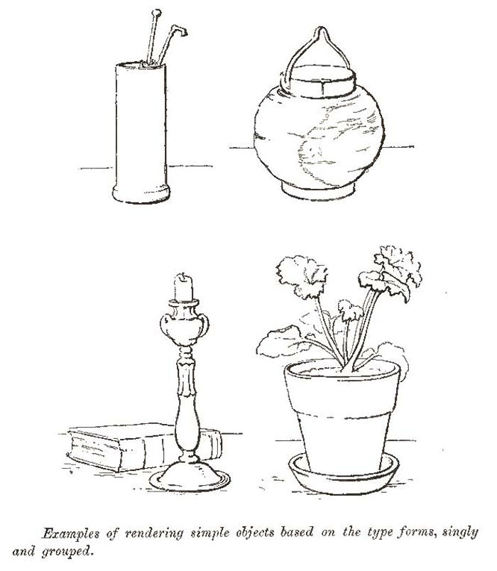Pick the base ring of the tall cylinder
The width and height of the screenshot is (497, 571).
[x=141, y=192]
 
